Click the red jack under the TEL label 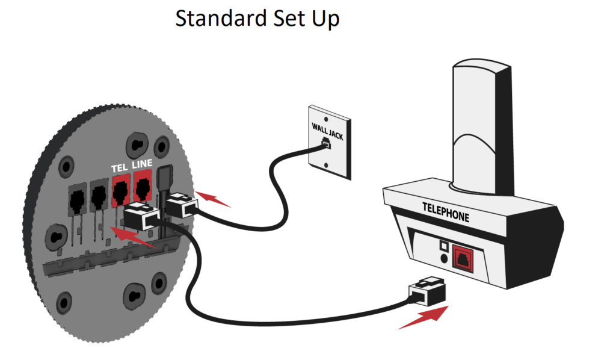pos(121,190)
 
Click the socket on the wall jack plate pos(326,144)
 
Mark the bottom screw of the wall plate pos(325,167)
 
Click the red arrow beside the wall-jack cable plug pos(214,199)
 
